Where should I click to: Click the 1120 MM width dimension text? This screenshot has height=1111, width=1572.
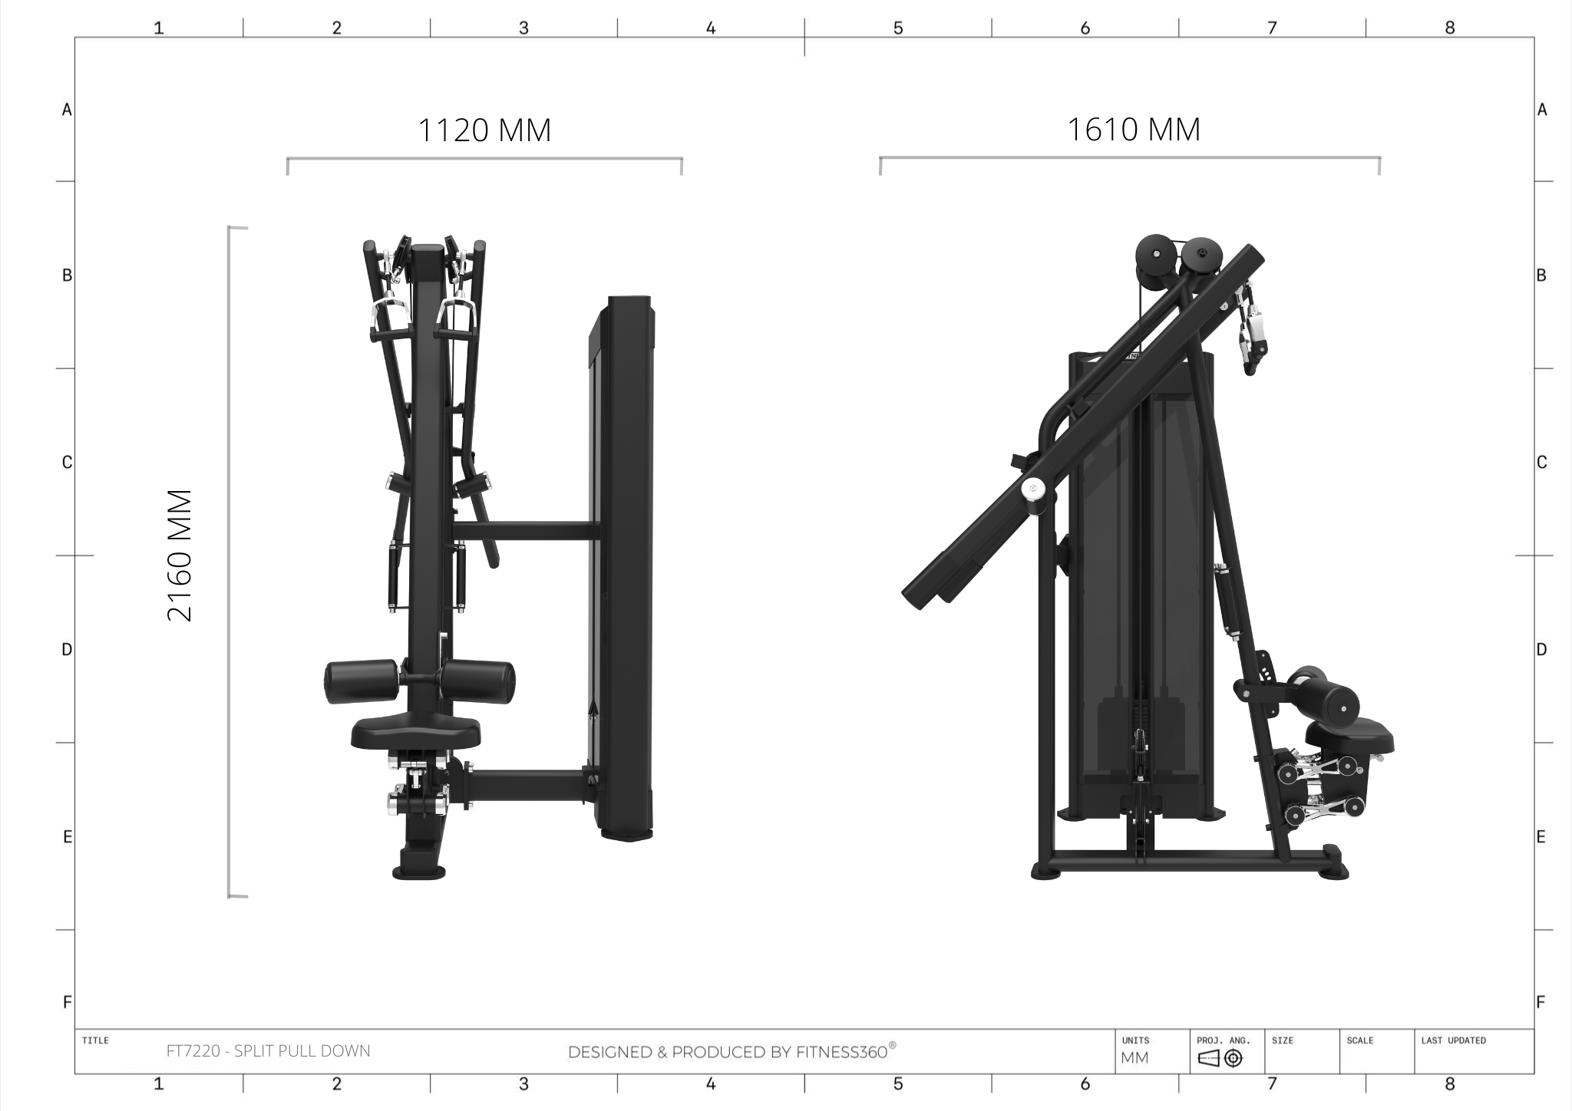point(484,130)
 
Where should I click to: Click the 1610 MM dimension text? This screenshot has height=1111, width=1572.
point(1134,129)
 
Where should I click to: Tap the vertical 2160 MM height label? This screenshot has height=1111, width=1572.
point(180,555)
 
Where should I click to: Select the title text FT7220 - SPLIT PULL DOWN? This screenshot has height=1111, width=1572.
point(269,1051)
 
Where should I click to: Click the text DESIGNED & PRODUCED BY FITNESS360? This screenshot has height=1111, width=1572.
point(732,1052)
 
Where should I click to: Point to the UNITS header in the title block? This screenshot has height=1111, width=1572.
point(1135,1040)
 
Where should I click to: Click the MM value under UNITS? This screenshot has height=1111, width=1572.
point(1134,1058)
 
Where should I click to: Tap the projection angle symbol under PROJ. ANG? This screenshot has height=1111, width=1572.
point(1220,1059)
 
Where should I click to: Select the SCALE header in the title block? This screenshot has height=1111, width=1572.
point(1359,1040)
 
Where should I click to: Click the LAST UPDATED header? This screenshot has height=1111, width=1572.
point(1453,1040)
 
